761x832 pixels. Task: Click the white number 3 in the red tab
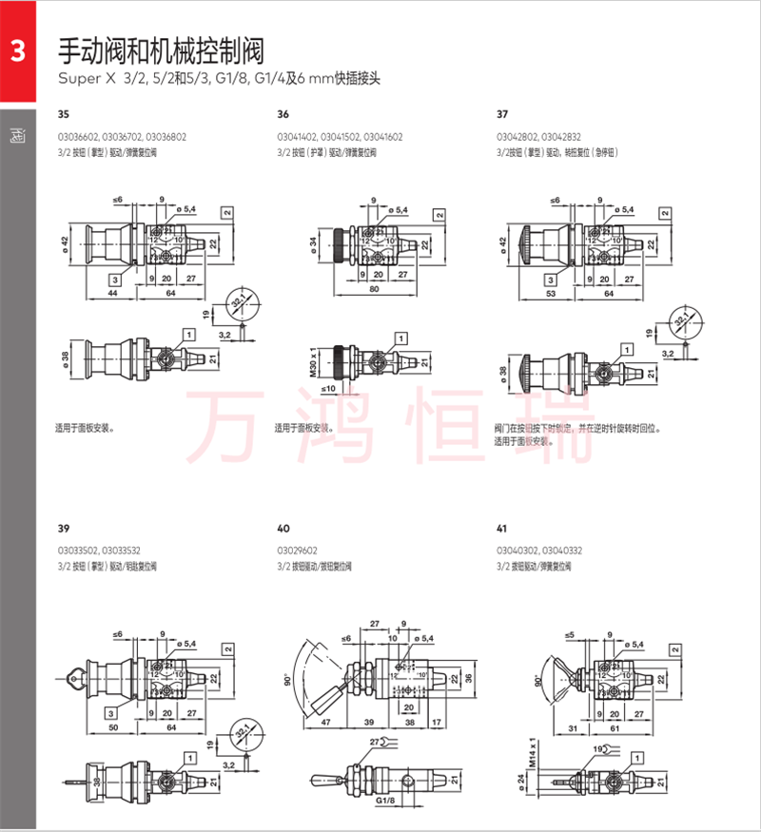(17, 53)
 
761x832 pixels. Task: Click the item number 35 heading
(64, 114)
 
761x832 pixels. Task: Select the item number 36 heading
(283, 114)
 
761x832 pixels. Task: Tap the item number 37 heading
(502, 114)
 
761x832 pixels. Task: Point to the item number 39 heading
(64, 529)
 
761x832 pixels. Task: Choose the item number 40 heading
(283, 529)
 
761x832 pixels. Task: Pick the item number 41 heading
(502, 529)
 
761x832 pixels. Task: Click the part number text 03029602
(298, 550)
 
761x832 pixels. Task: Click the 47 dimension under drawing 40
(324, 723)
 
